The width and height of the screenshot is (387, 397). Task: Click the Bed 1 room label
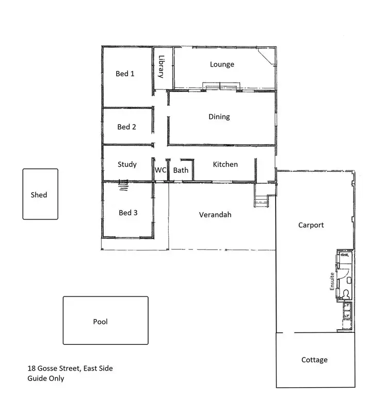(125, 74)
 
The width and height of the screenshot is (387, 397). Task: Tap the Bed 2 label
(126, 126)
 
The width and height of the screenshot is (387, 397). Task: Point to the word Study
(127, 164)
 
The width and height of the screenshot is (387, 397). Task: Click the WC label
(160, 170)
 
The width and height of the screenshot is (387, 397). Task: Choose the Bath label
(181, 170)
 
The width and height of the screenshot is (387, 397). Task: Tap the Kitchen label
(225, 164)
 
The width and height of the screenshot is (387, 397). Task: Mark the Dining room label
(219, 117)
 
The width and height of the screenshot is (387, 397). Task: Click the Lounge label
(222, 65)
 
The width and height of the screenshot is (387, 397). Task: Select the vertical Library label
(161, 67)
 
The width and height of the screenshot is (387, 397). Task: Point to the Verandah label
(215, 214)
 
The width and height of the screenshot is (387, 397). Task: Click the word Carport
(311, 225)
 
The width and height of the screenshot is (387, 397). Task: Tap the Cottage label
(314, 360)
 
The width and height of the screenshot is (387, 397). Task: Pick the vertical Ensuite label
(332, 281)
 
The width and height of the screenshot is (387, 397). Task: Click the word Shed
(39, 195)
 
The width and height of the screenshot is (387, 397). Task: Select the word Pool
(100, 322)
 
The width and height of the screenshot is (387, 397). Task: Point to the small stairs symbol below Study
(122, 185)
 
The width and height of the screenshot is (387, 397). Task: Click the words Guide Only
(46, 378)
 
